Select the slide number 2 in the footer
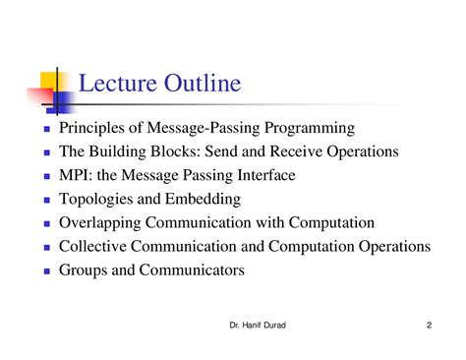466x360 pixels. click(x=430, y=326)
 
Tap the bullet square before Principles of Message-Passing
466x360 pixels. click(x=46, y=130)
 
